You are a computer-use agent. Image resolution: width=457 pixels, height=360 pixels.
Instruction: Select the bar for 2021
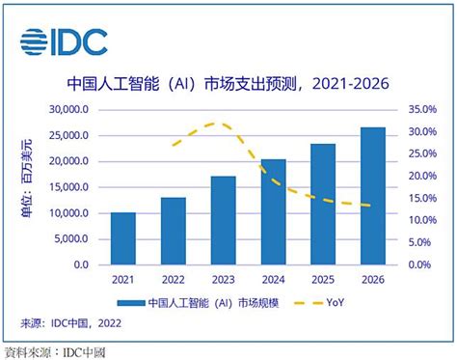pyautogui.click(x=123, y=238)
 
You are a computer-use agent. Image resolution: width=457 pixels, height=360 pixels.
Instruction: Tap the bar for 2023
pyautogui.click(x=223, y=220)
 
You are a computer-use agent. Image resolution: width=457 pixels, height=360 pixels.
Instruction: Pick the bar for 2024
pyautogui.click(x=273, y=211)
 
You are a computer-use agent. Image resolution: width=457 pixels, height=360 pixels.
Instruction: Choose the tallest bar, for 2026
pyautogui.click(x=373, y=196)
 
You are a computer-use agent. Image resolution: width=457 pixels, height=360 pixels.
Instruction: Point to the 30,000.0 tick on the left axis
pyautogui.click(x=68, y=109)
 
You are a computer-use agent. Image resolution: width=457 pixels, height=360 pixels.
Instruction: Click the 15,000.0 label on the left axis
pyautogui.click(x=68, y=186)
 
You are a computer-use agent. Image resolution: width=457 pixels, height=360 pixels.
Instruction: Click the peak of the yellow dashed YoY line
pyautogui.click(x=220, y=124)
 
